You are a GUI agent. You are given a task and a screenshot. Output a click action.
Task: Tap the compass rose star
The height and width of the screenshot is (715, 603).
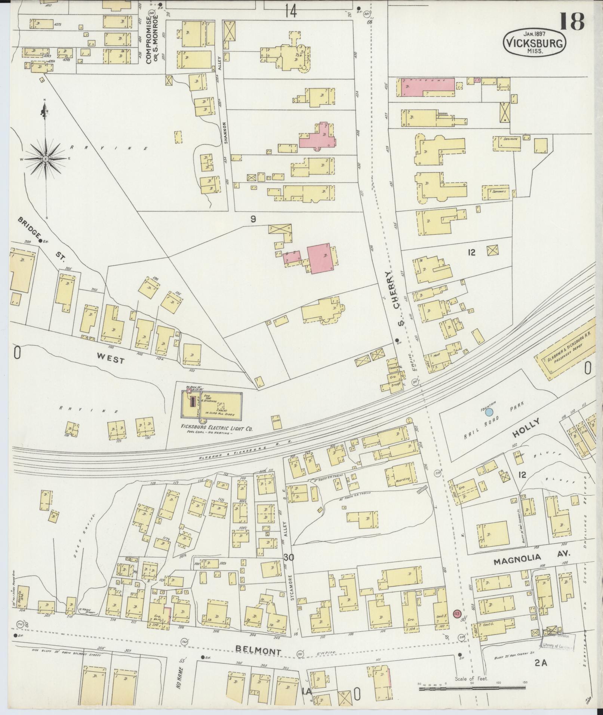point(45,159)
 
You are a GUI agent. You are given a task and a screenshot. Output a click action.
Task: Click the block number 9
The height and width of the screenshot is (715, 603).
point(253,220)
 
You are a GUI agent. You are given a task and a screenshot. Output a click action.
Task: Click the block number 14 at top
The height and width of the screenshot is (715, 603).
point(290,12)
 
